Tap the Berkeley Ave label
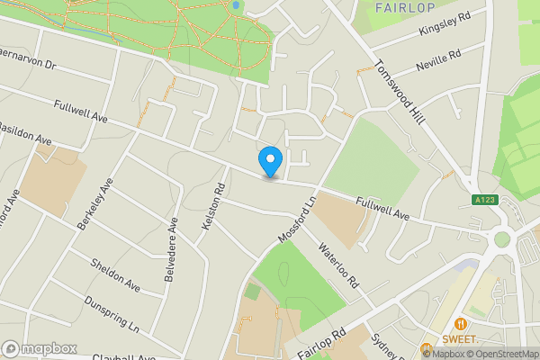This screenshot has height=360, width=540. (x=94, y=203)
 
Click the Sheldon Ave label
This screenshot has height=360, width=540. (x=115, y=274)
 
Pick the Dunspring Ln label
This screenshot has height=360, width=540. (x=112, y=313)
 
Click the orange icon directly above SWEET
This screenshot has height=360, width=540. (x=461, y=323)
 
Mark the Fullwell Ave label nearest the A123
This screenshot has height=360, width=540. (x=382, y=209)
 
